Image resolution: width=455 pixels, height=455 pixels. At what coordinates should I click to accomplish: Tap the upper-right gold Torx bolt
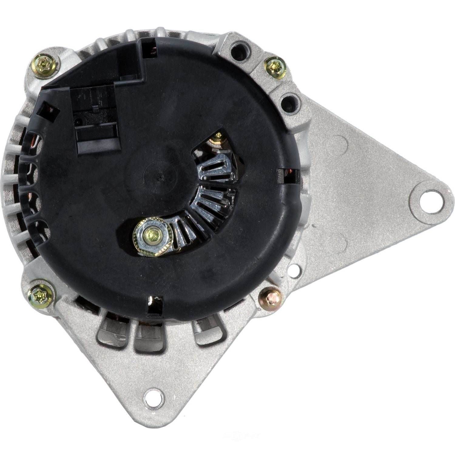pyautogui.click(x=275, y=67)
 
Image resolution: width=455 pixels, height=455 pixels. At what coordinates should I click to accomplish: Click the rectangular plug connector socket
pyautogui.click(x=96, y=121)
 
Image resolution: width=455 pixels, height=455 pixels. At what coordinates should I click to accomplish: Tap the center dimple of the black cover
pyautogui.click(x=160, y=176)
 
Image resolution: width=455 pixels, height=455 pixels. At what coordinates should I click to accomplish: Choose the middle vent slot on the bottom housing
pyautogui.click(x=149, y=338)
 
